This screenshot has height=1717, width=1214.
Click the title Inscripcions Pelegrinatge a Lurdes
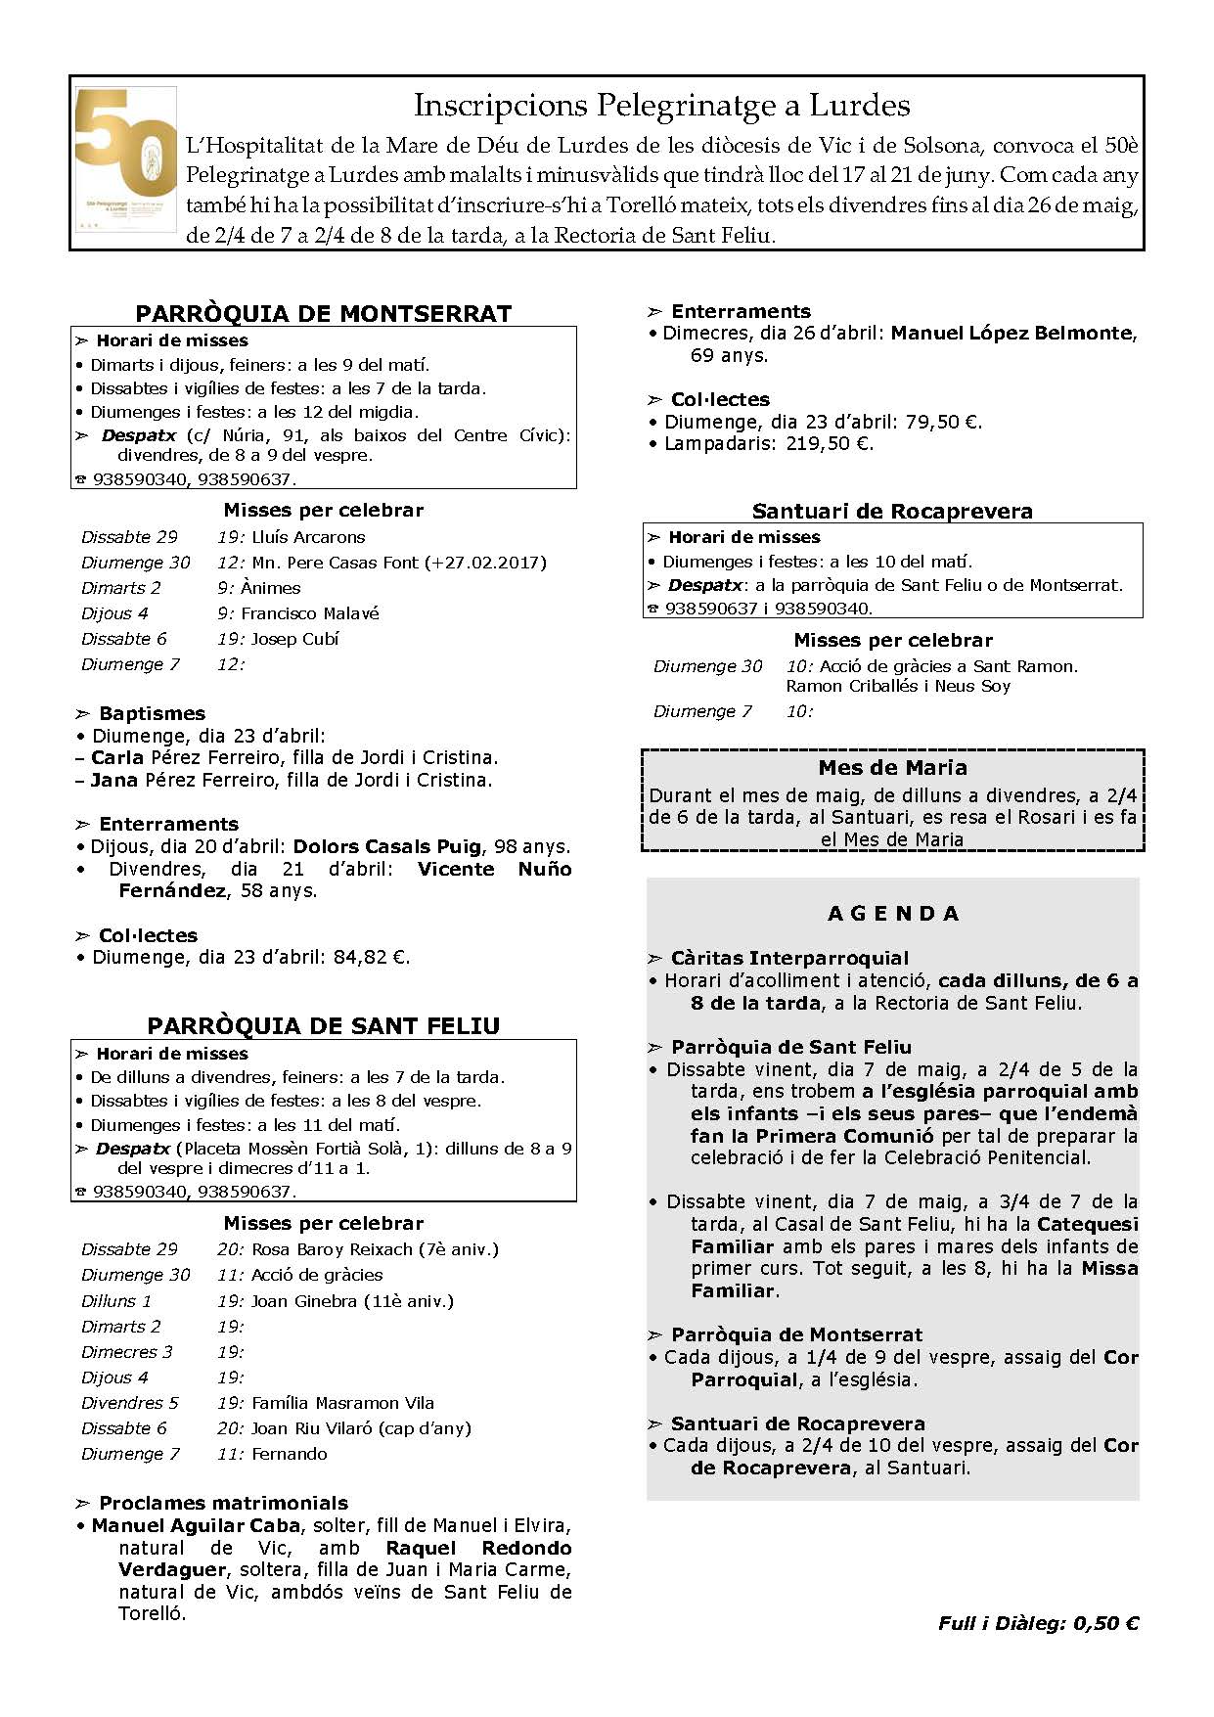coord(661,106)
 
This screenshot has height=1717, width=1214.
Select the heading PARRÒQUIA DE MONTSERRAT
coord(323,314)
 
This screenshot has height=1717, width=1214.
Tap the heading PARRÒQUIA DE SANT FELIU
coord(323,1026)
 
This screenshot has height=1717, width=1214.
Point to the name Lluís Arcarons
coord(308,537)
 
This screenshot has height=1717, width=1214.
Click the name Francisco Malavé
coord(310,613)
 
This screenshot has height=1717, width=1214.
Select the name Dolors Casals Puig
coord(386,847)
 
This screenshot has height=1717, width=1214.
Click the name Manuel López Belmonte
coord(1012,334)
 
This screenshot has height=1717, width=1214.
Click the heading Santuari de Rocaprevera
coord(892,512)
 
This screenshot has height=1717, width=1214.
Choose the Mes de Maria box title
coord(892,768)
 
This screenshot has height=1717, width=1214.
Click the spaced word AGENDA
coord(893,914)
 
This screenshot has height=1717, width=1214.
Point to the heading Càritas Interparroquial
coord(789,959)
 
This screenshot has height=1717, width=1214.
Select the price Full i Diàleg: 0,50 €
coord(1038,1624)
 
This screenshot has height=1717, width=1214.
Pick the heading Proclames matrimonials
coord(223,1504)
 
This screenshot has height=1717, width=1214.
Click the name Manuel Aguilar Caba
coord(196,1526)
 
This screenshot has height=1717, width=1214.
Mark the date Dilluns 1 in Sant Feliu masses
coord(116,1301)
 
